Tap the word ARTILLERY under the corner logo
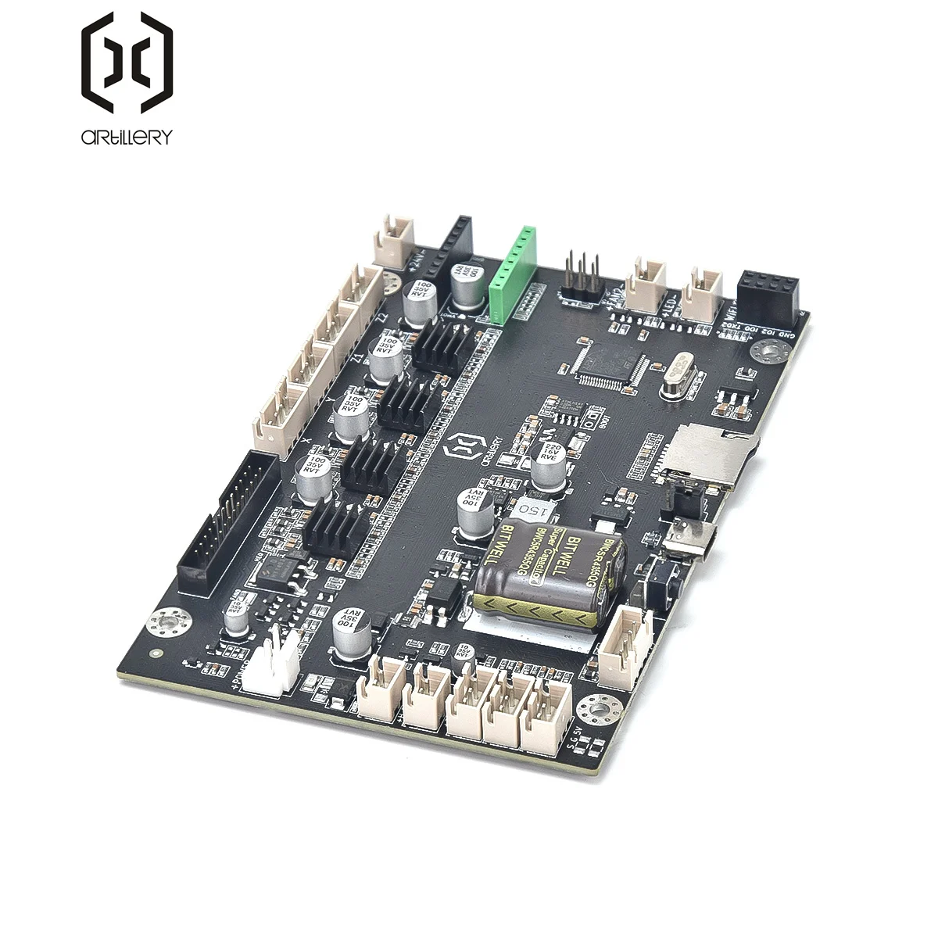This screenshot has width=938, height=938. (126, 138)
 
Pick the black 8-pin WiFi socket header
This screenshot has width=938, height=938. (771, 292)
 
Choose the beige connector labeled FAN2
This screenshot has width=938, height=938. (650, 283)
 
